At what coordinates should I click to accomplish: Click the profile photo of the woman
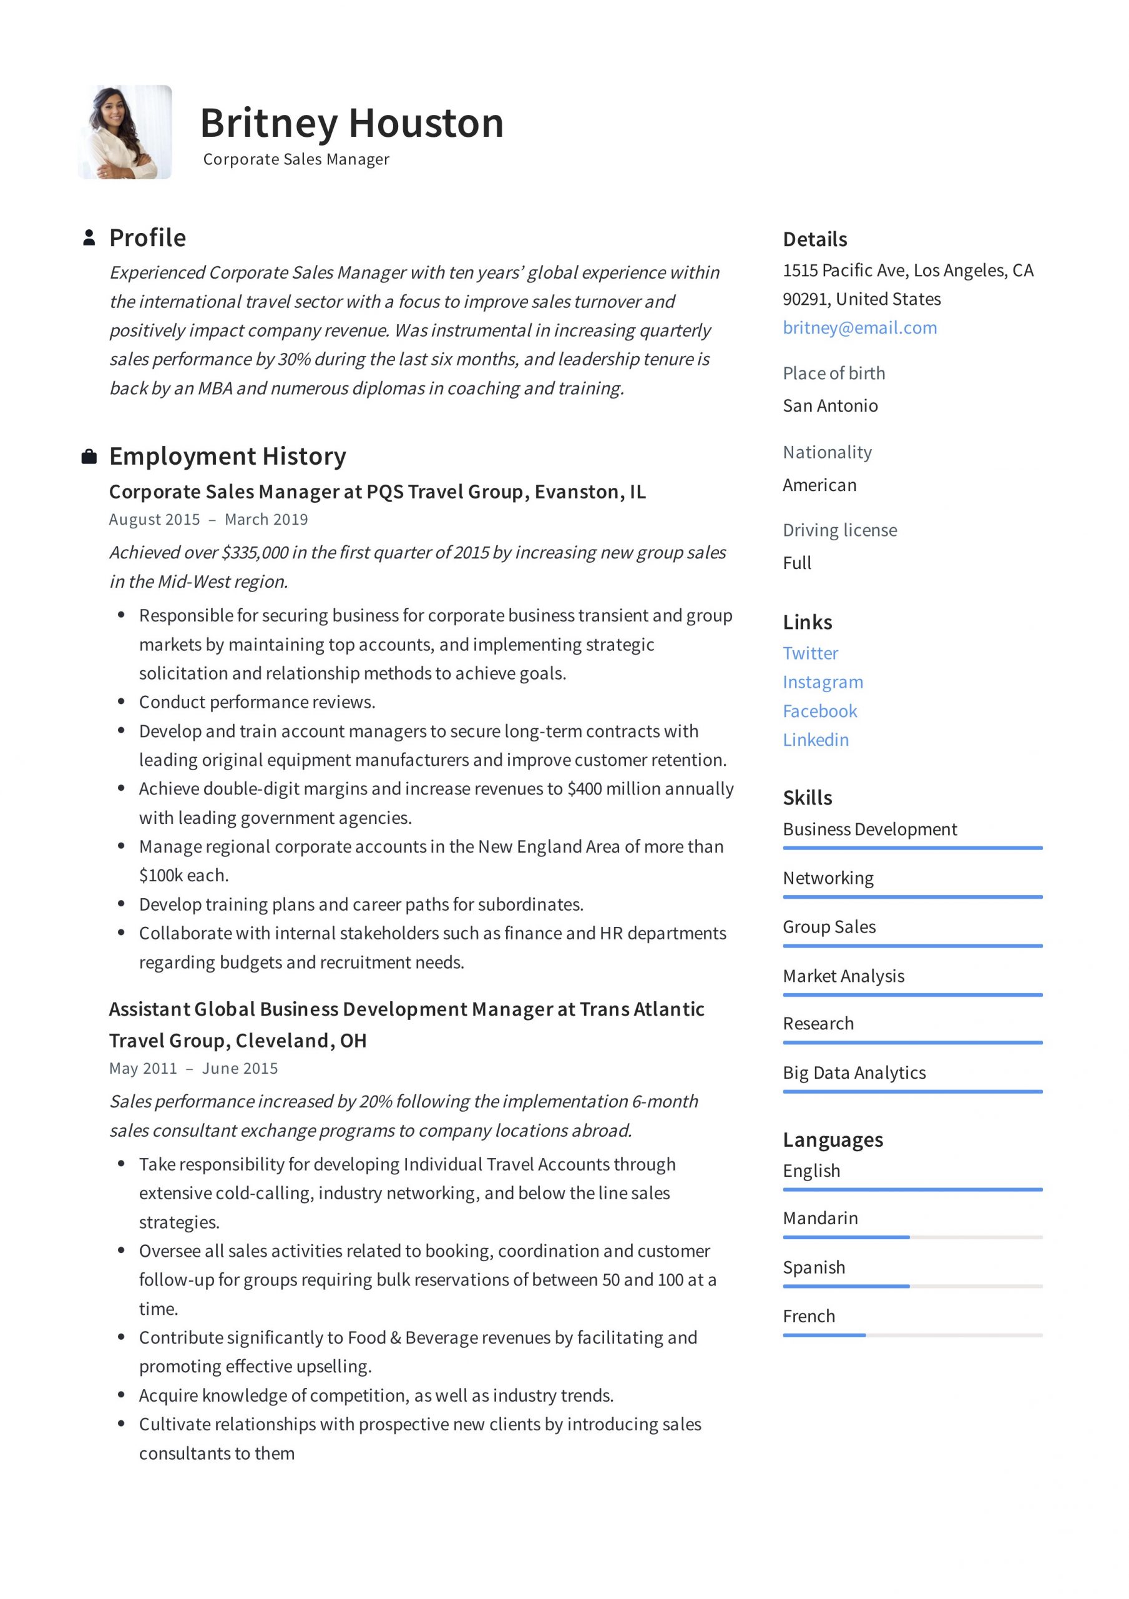125,132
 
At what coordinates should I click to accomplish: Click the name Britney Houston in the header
351,123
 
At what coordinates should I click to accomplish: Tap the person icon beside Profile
89,237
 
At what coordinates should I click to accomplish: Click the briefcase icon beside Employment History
89,457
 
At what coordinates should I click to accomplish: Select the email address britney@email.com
859,327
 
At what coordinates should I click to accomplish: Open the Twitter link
810,653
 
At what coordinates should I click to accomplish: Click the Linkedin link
815,740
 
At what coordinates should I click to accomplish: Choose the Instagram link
822,682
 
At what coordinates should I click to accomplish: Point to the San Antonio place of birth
829,405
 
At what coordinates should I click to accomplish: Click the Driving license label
839,530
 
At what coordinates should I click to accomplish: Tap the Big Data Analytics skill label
854,1072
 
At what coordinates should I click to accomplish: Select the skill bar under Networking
912,897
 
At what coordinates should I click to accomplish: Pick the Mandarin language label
820,1218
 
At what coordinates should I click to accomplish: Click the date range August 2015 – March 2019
208,520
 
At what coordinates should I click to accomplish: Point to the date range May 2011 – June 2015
193,1068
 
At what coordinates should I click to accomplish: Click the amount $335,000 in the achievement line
255,552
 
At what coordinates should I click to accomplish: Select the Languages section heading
833,1140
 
